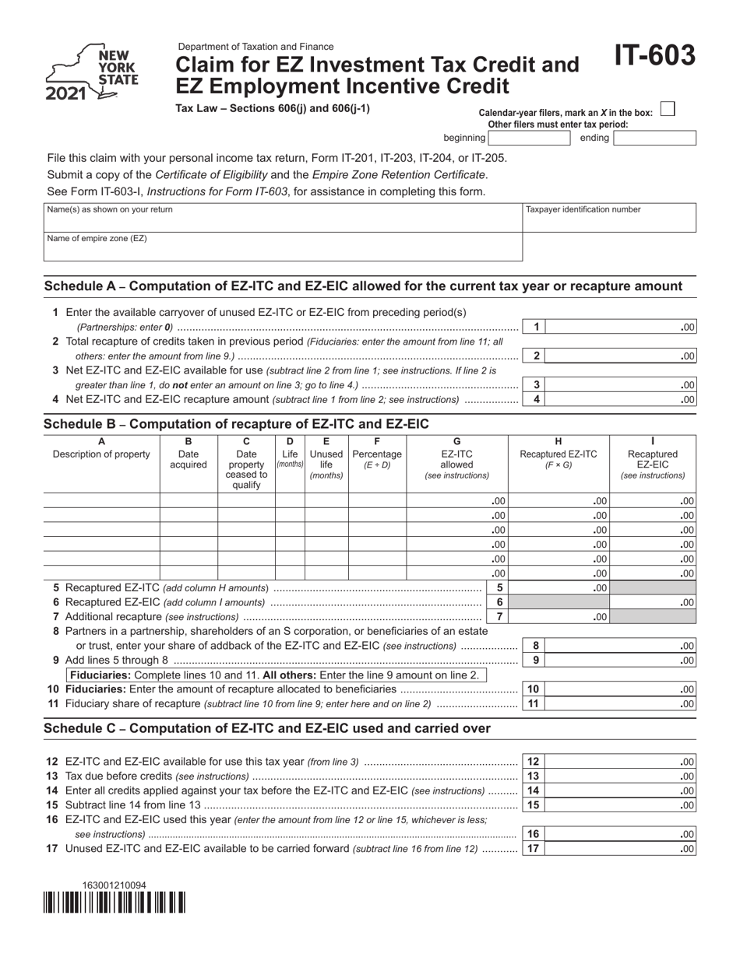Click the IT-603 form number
(x=654, y=57)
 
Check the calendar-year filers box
(x=667, y=110)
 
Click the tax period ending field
(x=654, y=138)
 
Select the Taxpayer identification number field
(x=609, y=217)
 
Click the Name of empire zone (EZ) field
(x=282, y=247)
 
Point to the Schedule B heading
(x=236, y=424)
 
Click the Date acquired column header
(x=189, y=459)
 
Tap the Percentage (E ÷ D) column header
(x=377, y=459)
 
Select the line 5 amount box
(x=560, y=588)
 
